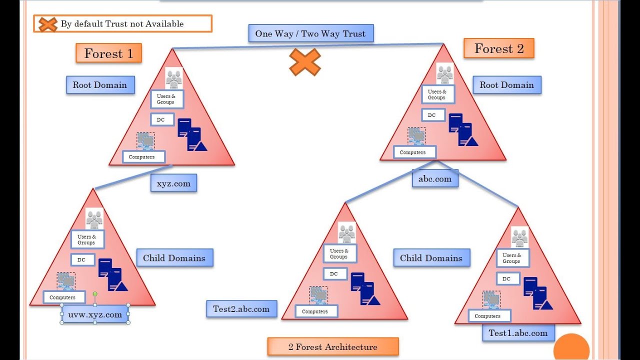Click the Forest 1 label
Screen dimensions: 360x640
coord(108,53)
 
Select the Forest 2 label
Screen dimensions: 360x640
coord(498,48)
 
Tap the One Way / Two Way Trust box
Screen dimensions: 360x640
coord(310,33)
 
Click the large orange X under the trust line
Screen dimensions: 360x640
coord(305,62)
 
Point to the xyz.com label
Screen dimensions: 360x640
coord(173,183)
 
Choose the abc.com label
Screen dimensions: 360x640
coord(435,178)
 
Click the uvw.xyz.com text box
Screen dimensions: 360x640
coord(95,314)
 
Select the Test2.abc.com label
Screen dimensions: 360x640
coord(241,309)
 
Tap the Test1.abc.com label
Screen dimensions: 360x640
coord(518,333)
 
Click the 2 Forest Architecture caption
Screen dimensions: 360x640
coord(332,346)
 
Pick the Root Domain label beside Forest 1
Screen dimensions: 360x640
coord(100,85)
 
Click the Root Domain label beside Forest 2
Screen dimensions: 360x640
coord(506,85)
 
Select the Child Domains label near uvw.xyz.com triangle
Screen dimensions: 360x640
coord(174,258)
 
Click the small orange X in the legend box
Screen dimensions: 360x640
coord(47,24)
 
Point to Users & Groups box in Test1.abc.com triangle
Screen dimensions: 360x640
coord(512,258)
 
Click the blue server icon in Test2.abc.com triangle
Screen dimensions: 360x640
coord(365,289)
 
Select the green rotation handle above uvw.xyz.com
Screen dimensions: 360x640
coord(95,294)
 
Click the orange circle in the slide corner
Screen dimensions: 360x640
coord(571,348)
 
